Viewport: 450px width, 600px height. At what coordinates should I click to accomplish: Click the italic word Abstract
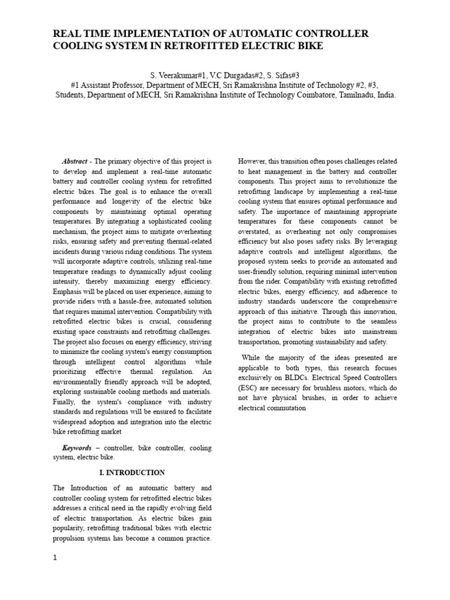coord(74,161)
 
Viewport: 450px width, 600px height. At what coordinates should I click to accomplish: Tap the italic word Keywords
coord(76,448)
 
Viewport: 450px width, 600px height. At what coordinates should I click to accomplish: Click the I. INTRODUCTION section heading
coord(132,472)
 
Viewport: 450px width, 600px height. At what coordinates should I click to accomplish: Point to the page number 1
coord(55,558)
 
